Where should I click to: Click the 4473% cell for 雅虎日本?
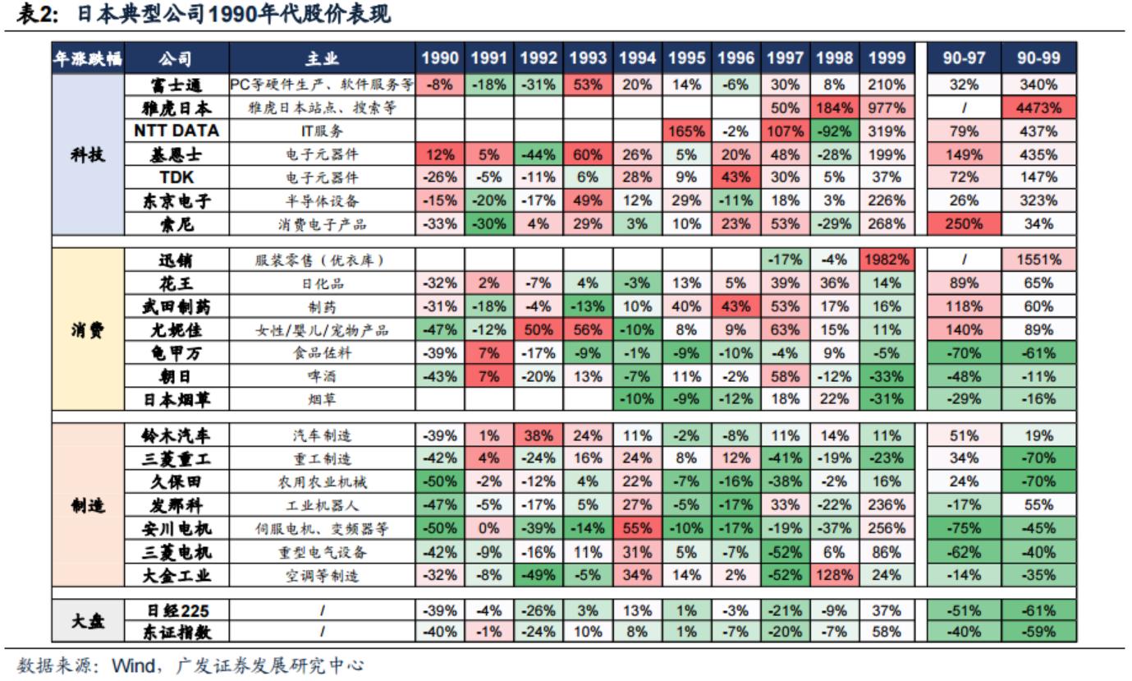coord(1038,108)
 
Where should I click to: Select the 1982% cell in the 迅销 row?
coord(886,260)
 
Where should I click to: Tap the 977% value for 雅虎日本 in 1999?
coord(886,108)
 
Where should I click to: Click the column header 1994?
coord(637,58)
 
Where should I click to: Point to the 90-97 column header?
coord(960,58)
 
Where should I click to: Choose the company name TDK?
coord(177,177)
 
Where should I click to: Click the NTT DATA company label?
coord(177,131)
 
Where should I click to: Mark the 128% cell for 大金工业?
coord(836,575)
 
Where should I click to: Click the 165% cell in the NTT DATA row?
coord(687,131)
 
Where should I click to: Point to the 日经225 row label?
coord(177,610)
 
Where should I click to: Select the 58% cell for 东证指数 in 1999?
coord(886,631)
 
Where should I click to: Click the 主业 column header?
coord(321,58)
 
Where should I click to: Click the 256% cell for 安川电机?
coord(886,528)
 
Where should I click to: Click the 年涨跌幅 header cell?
coord(88,58)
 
